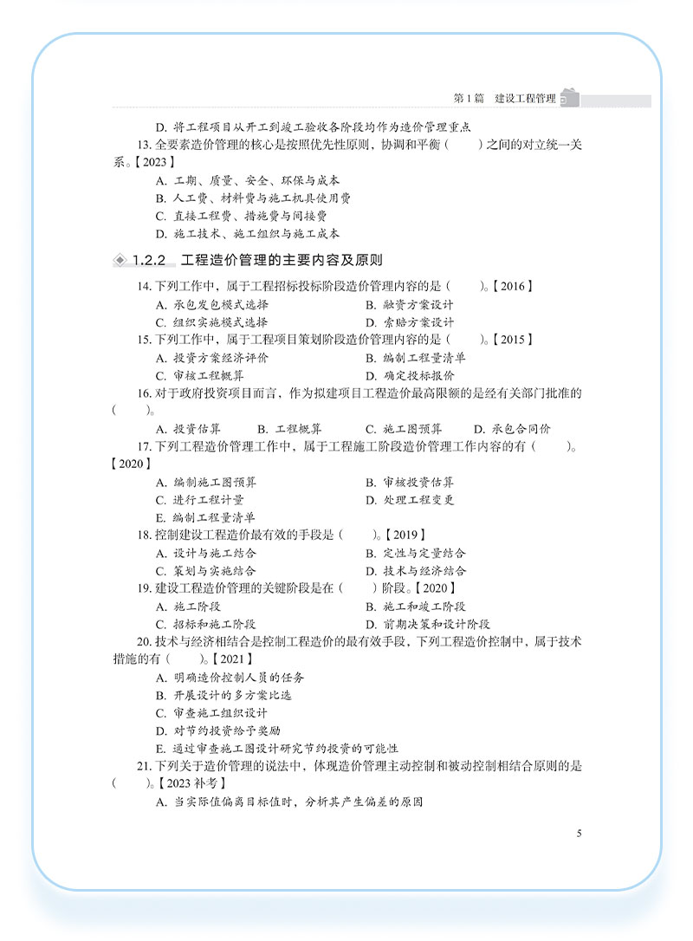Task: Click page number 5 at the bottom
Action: point(578,834)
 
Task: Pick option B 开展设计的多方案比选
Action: point(223,695)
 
